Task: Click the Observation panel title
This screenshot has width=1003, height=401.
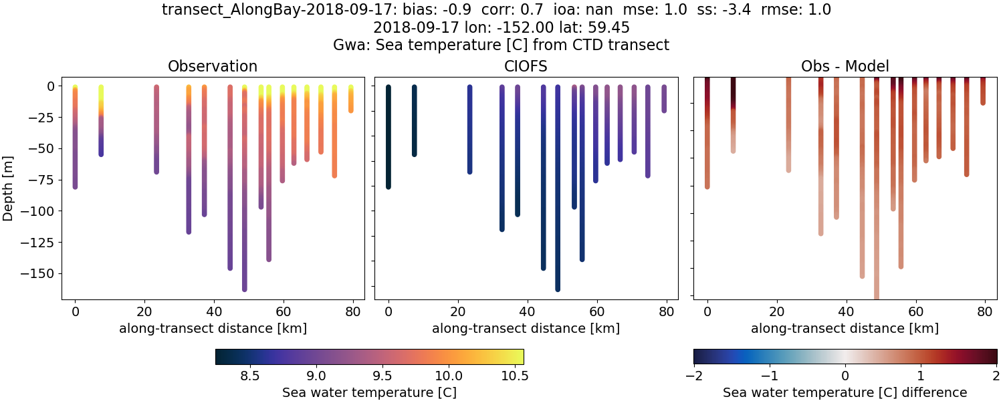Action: point(213,66)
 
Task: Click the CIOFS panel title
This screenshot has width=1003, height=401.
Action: point(526,66)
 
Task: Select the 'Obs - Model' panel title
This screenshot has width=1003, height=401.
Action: point(845,66)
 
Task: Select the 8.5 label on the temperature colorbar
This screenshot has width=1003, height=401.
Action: point(249,376)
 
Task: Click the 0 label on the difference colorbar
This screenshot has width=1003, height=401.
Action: point(845,376)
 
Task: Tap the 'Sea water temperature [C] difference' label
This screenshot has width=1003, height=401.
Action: point(845,392)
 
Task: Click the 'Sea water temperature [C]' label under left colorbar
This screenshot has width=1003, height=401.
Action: point(369,392)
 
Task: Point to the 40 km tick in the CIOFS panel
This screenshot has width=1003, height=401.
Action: point(527,311)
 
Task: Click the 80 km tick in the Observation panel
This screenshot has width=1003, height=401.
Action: point(353,311)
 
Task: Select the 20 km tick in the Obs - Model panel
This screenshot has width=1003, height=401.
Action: point(776,311)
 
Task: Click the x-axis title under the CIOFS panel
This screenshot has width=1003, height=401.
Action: point(526,328)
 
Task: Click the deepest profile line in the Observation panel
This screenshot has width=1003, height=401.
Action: point(245,200)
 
